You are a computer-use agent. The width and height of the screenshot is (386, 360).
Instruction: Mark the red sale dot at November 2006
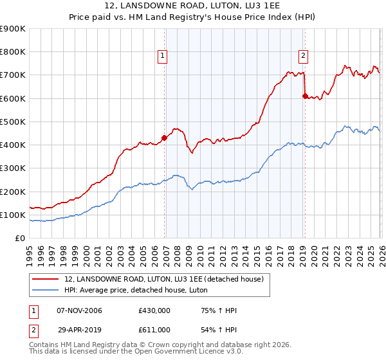coord(164,138)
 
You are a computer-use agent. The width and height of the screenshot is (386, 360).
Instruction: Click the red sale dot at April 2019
coord(304,96)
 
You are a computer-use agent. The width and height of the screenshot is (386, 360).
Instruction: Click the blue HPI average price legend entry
coord(135,291)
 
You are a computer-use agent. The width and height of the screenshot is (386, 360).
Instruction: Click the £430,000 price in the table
coord(154,311)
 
